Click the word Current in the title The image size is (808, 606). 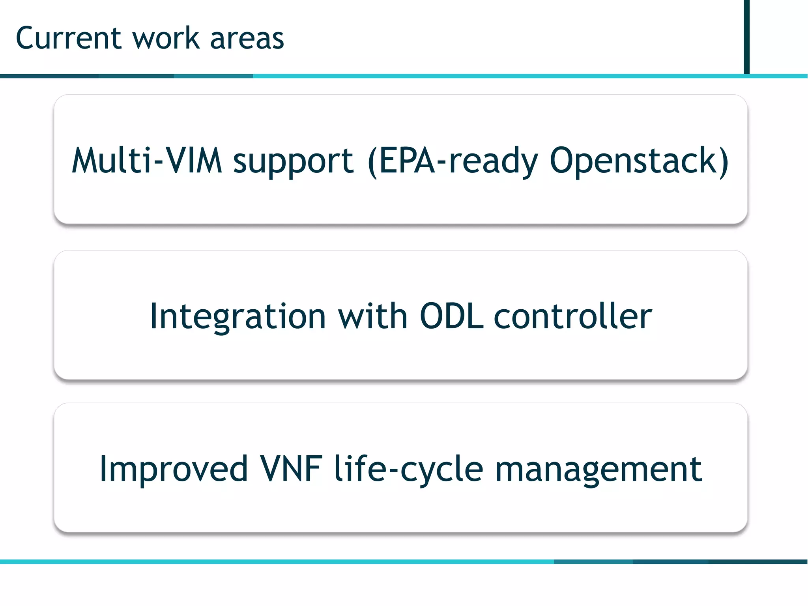coord(68,38)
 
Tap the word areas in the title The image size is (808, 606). coord(247,39)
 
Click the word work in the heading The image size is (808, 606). coord(166,38)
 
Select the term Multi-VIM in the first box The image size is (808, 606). coord(147,160)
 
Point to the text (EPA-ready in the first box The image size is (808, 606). coord(452,161)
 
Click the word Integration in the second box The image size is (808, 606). coord(238,316)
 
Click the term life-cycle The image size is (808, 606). coord(408,469)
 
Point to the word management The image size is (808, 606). coord(598,469)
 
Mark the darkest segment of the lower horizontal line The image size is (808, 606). coord(757,561)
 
